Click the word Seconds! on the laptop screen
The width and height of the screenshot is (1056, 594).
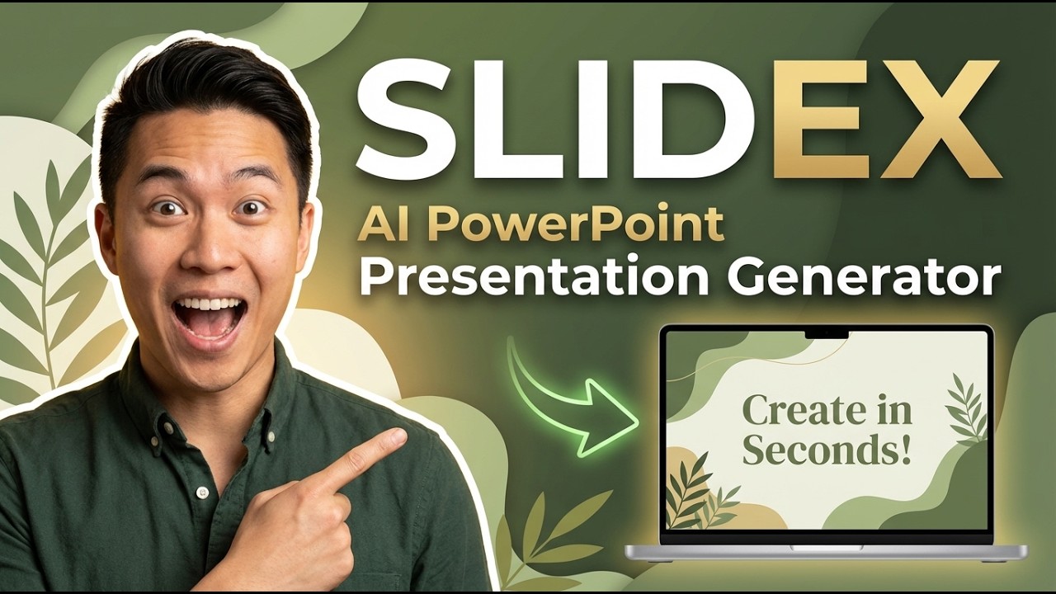(x=827, y=450)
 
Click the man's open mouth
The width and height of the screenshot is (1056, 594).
(x=210, y=318)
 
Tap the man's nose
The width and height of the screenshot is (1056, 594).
(x=206, y=252)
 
